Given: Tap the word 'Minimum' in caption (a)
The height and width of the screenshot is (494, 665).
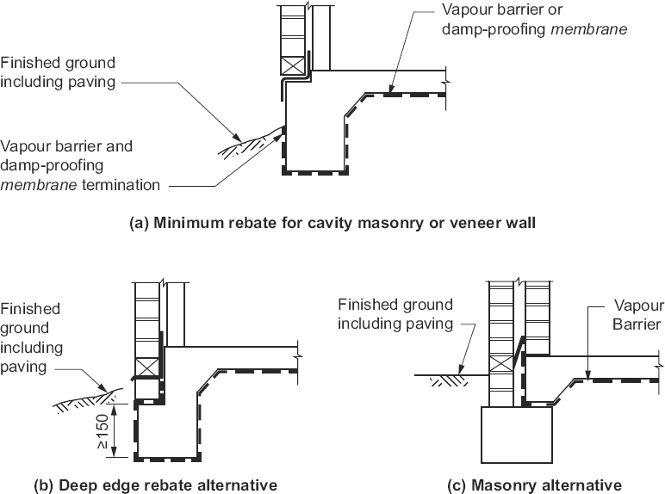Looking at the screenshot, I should pyautogui.click(x=183, y=223).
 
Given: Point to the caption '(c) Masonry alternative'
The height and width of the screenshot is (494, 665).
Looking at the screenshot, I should pyautogui.click(x=534, y=485).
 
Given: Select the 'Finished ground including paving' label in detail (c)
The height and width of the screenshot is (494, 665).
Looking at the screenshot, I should pyautogui.click(x=395, y=314).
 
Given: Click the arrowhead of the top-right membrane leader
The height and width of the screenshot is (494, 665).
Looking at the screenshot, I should pyautogui.click(x=389, y=91).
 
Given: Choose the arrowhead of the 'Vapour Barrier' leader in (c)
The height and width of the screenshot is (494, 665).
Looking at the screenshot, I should pyautogui.click(x=586, y=376).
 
